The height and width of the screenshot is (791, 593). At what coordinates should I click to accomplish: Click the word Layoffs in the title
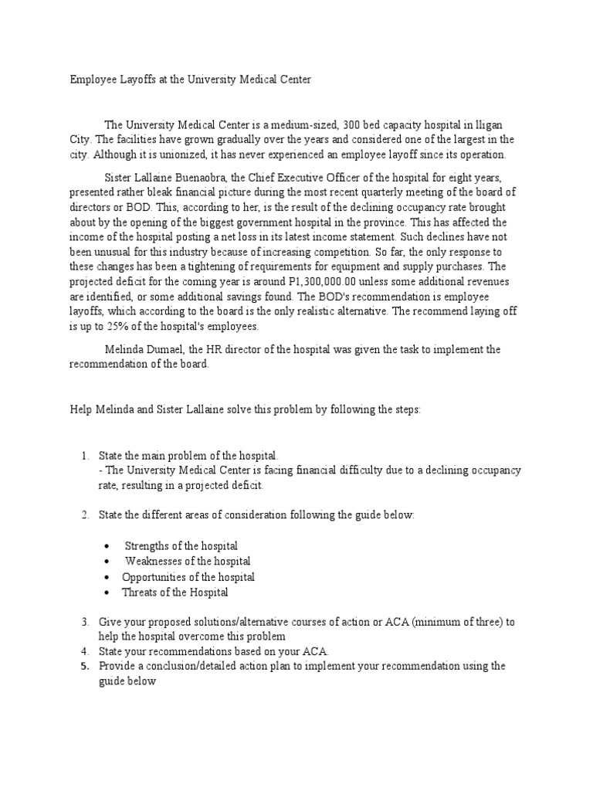tap(136, 80)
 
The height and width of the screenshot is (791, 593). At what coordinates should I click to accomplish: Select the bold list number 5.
tap(85, 666)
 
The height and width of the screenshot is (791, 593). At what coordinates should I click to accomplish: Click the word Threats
tap(140, 592)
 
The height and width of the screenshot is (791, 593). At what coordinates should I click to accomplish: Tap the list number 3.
tap(85, 622)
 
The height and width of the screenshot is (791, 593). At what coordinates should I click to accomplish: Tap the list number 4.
tap(85, 651)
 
